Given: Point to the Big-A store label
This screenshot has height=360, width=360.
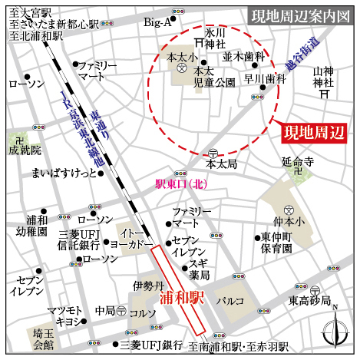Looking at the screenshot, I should coord(157,23).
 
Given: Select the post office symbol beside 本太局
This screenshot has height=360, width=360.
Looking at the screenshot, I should coord(212,152).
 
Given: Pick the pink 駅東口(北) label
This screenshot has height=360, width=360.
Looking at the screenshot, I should coord(181,184).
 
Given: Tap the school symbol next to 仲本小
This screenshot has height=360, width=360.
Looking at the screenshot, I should coord(288,210).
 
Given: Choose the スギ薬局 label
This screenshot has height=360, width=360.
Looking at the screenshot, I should coord(200,269).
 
